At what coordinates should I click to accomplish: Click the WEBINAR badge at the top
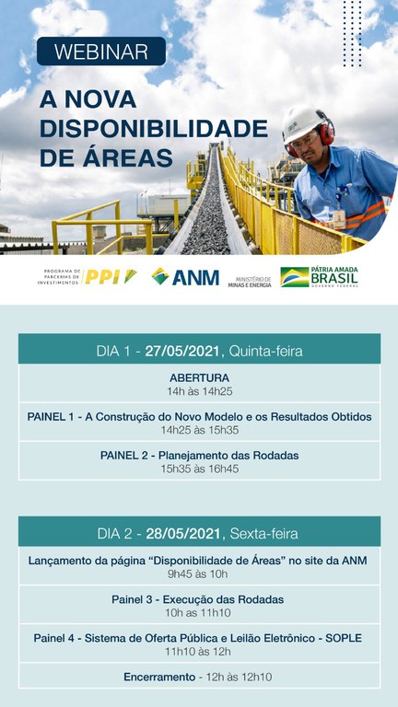point(101,52)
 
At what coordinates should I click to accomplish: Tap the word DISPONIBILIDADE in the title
point(153,128)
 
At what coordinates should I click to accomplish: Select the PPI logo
point(110,277)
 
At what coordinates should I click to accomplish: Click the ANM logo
point(185,276)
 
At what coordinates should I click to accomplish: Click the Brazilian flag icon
point(294,277)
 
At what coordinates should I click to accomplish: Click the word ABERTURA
point(199,377)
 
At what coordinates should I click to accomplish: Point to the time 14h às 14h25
point(199,391)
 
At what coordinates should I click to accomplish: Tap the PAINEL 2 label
point(128,455)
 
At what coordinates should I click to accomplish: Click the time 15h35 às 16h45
point(199,469)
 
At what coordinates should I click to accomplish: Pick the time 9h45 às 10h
point(199,574)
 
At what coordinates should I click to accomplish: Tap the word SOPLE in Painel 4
point(344,638)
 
